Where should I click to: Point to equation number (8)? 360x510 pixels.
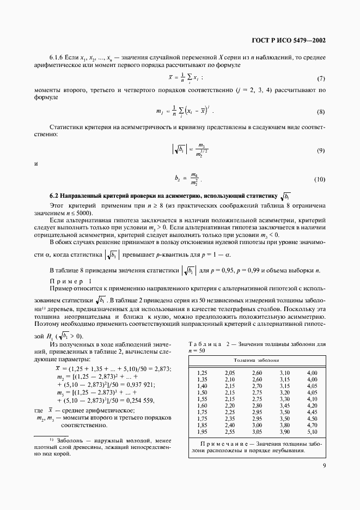(x=321, y=112)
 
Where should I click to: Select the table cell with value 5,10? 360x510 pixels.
(x=312, y=431)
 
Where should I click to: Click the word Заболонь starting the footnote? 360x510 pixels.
(x=68, y=439)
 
